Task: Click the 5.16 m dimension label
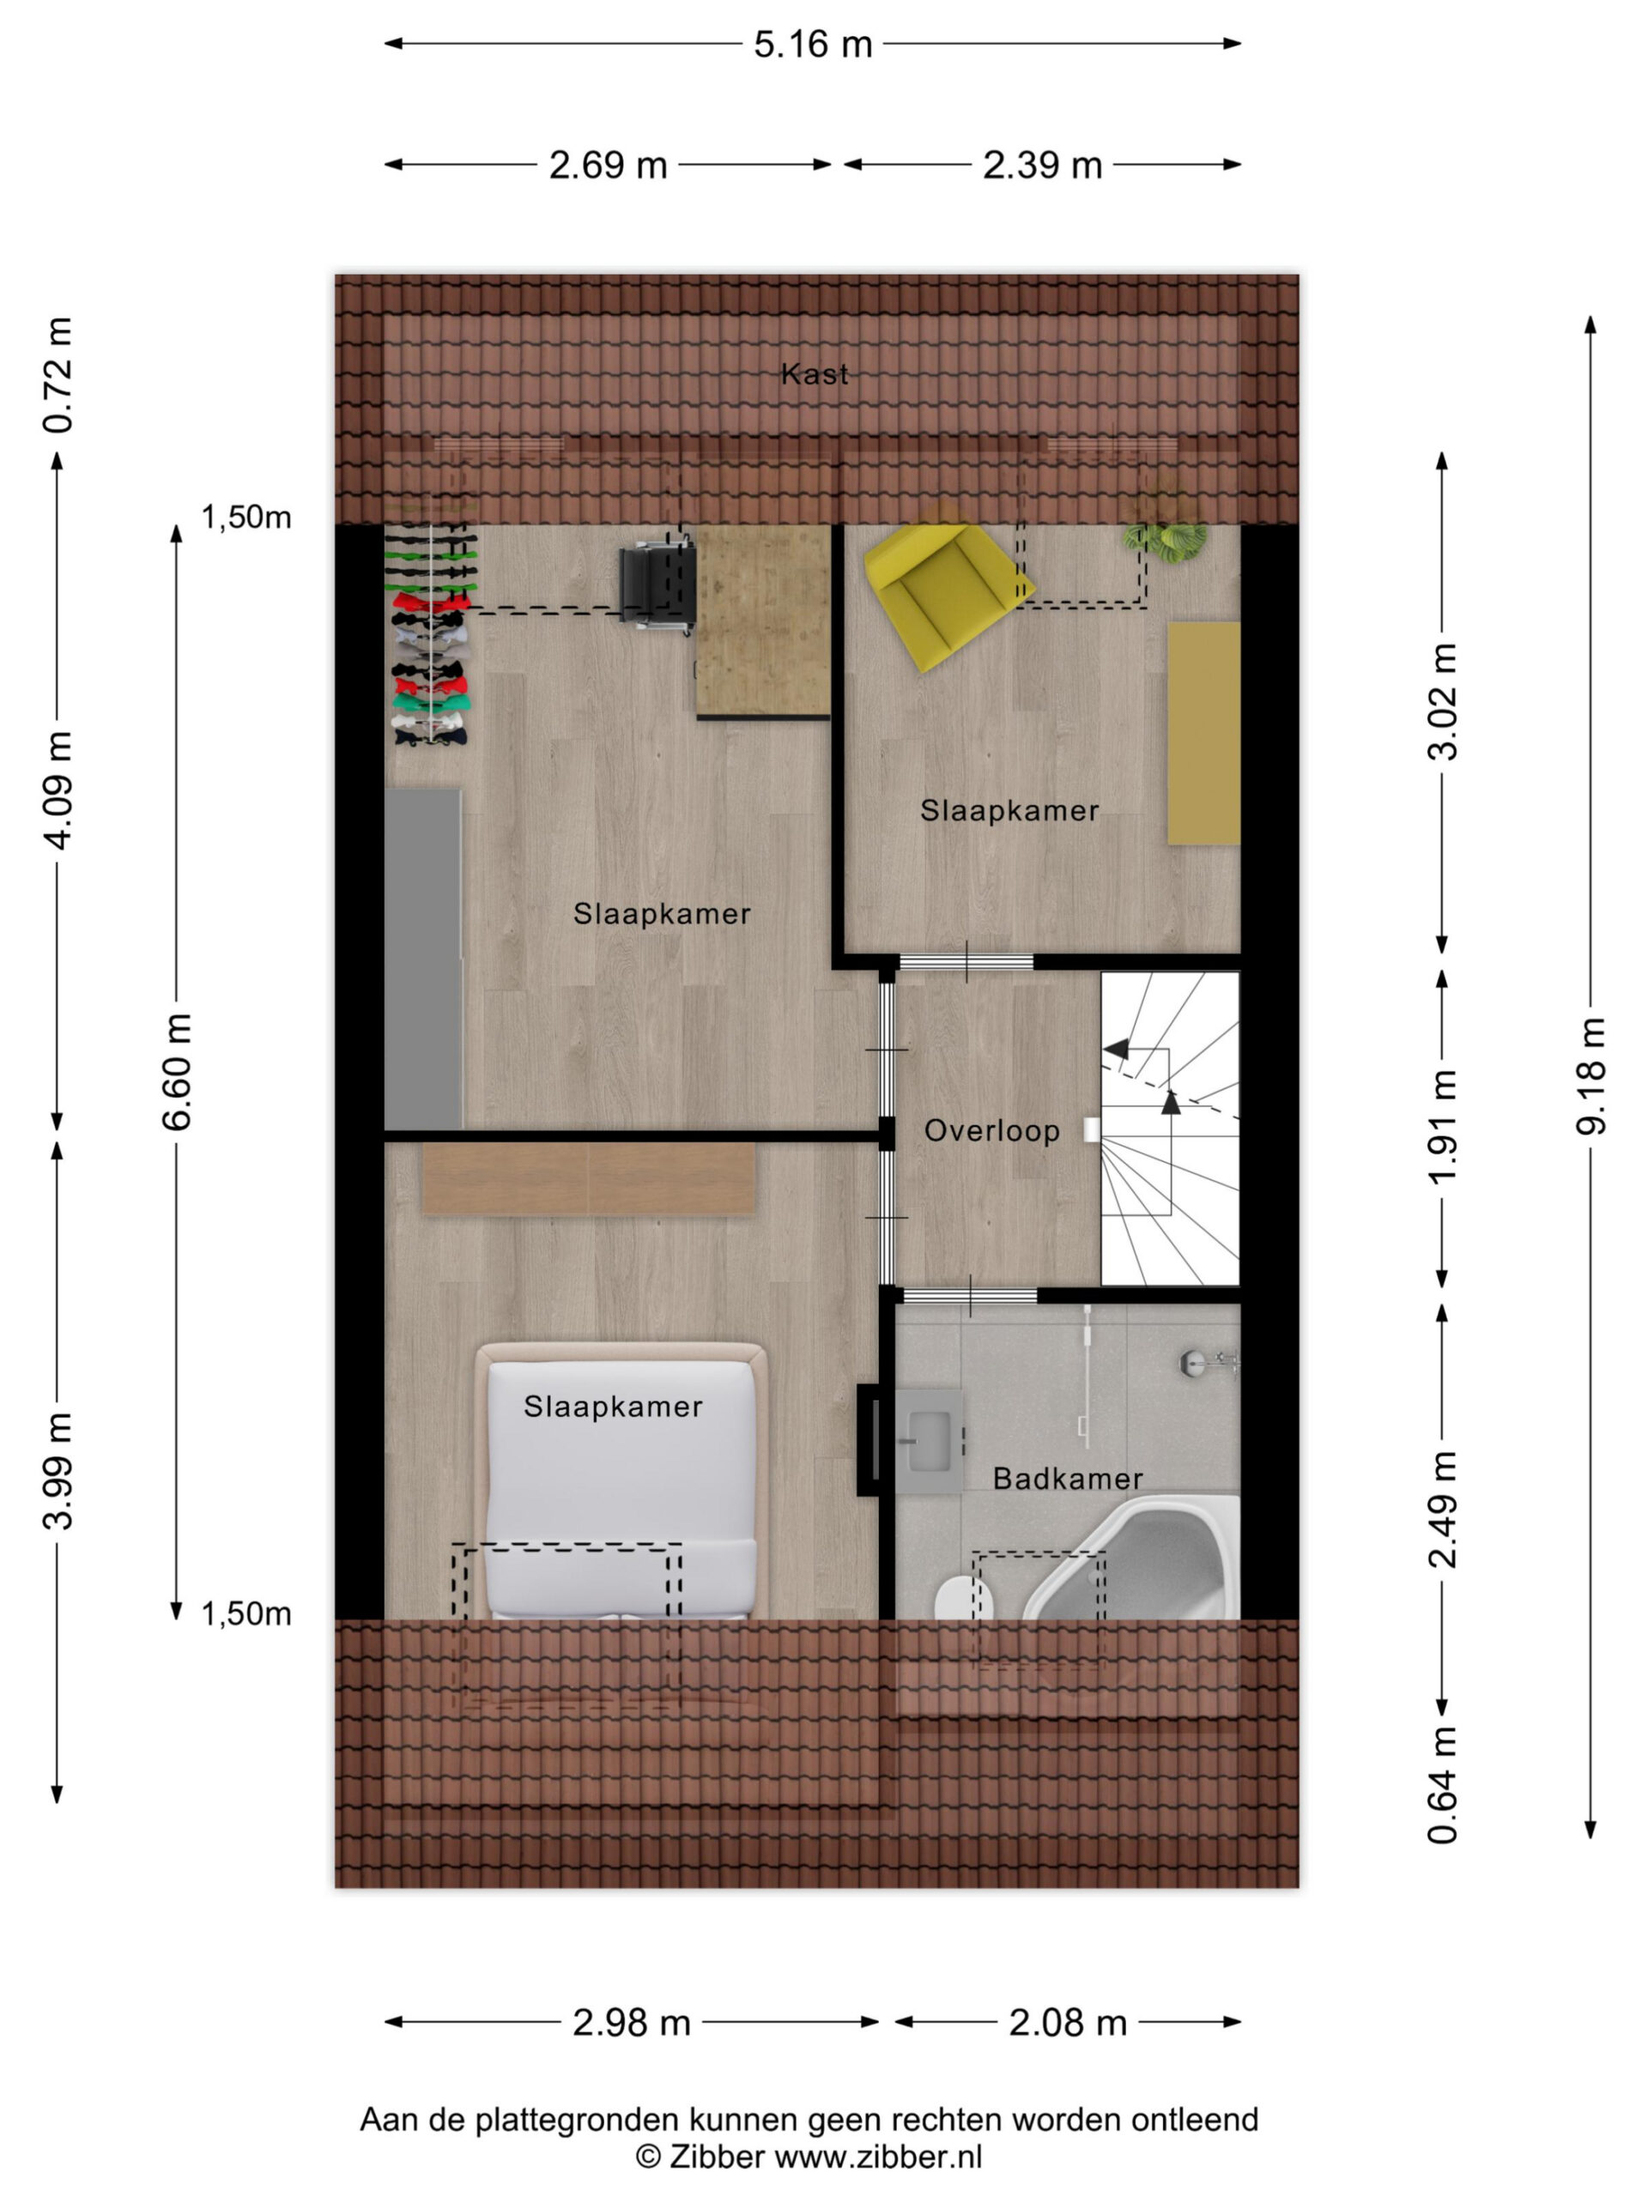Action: click(x=812, y=45)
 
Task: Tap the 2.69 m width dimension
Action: click(x=608, y=165)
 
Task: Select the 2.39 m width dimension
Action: click(x=1042, y=165)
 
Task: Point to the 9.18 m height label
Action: click(x=1590, y=1075)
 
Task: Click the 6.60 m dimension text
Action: click(x=177, y=1072)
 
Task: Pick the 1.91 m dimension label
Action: click(x=1442, y=1126)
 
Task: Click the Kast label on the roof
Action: click(x=815, y=374)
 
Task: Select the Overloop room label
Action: click(x=991, y=1131)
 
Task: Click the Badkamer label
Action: click(x=1068, y=1479)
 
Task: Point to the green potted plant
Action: click(x=1166, y=536)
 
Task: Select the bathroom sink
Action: click(x=930, y=1440)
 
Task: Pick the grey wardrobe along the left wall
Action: click(x=423, y=959)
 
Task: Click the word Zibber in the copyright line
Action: click(x=715, y=2158)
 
